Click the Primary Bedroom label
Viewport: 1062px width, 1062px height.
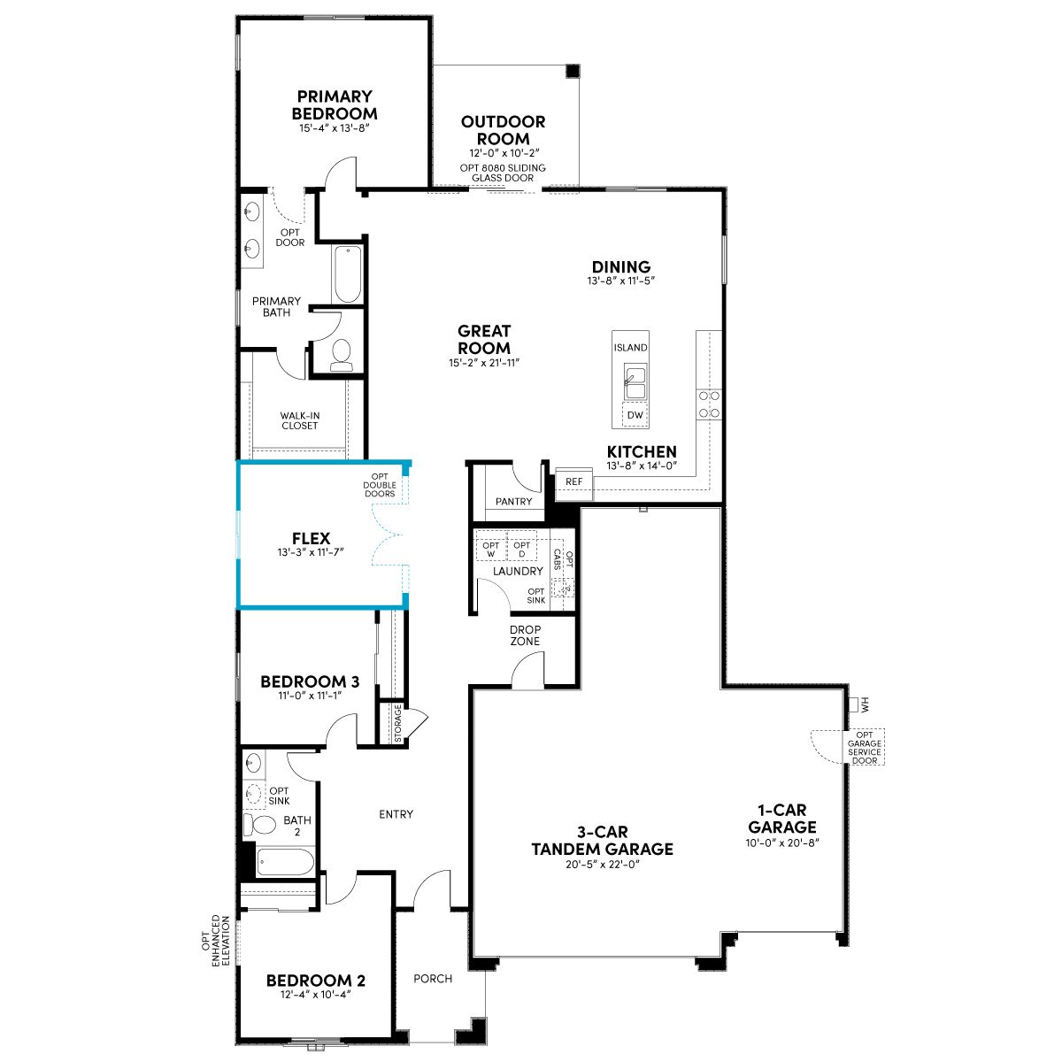pos(335,104)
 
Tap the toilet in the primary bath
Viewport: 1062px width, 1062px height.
pos(341,354)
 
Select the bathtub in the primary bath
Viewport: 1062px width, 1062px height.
pos(347,273)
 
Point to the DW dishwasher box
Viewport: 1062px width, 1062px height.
pos(635,415)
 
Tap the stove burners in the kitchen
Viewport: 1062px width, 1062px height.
pos(709,404)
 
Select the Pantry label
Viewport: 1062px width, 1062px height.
pos(513,502)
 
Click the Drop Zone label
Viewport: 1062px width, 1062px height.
pos(525,635)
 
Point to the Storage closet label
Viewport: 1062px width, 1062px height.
pos(398,722)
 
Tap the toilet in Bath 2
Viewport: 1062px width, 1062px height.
pos(259,825)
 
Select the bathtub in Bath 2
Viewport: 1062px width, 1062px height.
pos(286,862)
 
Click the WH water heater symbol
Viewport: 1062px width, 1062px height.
pos(858,704)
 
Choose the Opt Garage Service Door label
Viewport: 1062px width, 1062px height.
pos(864,747)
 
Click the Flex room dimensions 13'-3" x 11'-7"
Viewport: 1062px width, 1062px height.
pos(311,551)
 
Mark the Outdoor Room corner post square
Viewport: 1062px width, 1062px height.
pos(573,71)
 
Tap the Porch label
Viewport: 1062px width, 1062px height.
pos(433,979)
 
